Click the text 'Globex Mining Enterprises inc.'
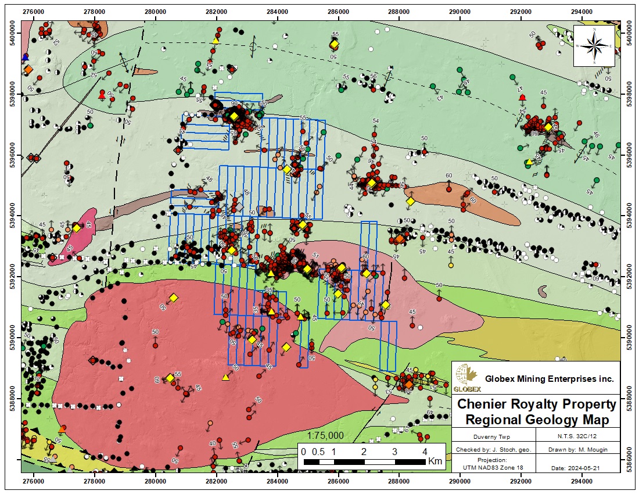point(549,379)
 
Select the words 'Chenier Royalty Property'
point(537,404)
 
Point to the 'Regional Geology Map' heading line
point(537,420)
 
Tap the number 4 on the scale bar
point(425,452)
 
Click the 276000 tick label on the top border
point(33,10)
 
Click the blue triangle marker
point(25,57)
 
